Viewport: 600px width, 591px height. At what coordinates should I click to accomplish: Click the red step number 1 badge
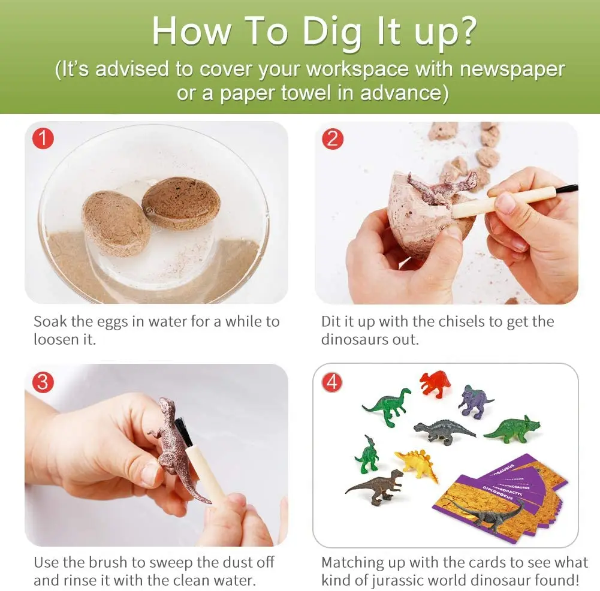(43, 139)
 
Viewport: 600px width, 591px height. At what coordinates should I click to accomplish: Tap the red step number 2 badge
(333, 139)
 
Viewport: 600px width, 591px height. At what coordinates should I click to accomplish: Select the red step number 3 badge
(43, 382)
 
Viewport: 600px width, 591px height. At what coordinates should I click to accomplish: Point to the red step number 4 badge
(333, 382)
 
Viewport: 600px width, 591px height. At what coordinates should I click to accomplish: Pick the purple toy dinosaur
(474, 401)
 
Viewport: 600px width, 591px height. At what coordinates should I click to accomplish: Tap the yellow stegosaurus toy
(418, 465)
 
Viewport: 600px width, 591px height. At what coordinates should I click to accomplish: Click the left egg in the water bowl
(115, 223)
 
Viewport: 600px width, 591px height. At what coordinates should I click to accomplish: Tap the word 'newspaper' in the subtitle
(512, 69)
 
